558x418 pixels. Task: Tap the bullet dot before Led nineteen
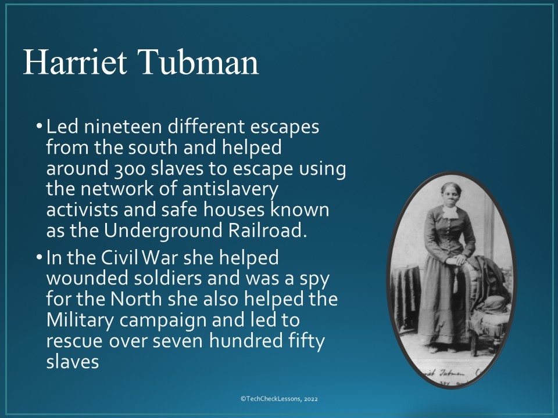39,127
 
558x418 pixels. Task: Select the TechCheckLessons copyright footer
279,399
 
